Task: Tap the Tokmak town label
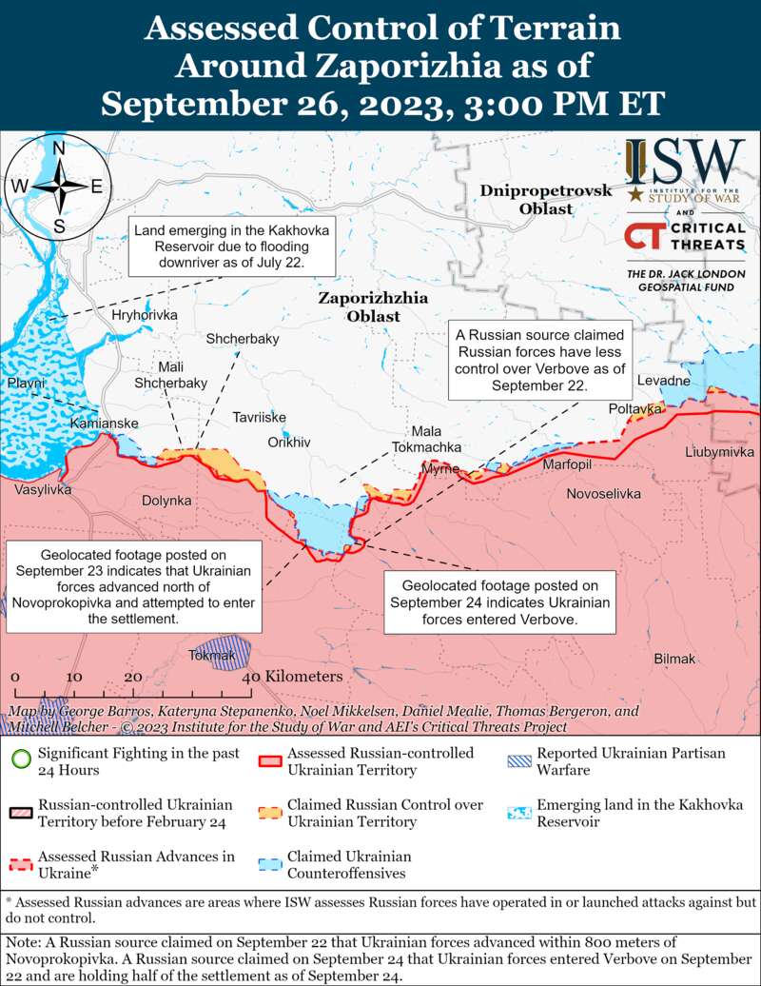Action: pyautogui.click(x=212, y=655)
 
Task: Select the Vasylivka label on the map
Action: pyautogui.click(x=42, y=489)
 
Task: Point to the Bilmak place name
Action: pyautogui.click(x=675, y=659)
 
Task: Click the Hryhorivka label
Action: pyautogui.click(x=145, y=315)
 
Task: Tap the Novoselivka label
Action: pyautogui.click(x=603, y=494)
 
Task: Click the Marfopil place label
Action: pyautogui.click(x=567, y=464)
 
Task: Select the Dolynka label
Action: pyautogui.click(x=166, y=500)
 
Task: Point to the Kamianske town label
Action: pyautogui.click(x=105, y=423)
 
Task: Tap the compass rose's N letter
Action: pyautogui.click(x=58, y=148)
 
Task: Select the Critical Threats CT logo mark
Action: pyautogui.click(x=643, y=236)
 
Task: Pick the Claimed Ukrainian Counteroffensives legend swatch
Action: pyautogui.click(x=271, y=864)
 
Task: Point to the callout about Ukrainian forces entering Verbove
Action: pyautogui.click(x=499, y=602)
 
